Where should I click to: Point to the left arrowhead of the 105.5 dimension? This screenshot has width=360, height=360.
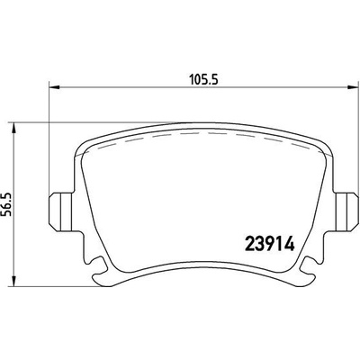(51, 88)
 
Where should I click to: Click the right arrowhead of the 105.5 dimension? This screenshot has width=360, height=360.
(352, 88)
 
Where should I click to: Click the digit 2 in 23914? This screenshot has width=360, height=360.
(251, 243)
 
